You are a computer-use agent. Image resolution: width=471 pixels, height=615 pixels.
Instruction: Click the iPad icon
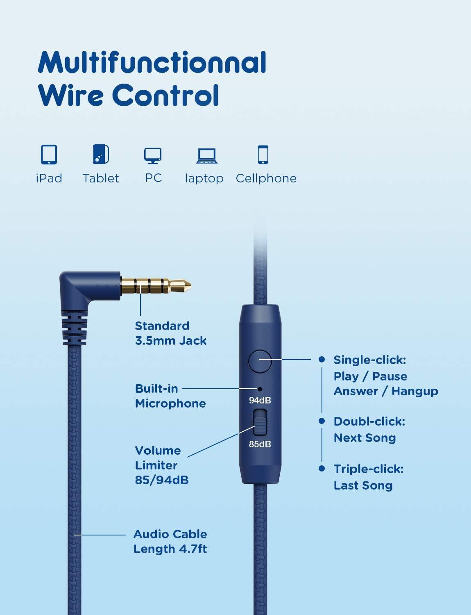click(x=49, y=155)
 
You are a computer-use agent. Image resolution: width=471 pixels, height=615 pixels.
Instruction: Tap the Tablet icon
click(x=101, y=155)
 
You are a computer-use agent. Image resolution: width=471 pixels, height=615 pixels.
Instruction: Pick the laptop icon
click(x=206, y=156)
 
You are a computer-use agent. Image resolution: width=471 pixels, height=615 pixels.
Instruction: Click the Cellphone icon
click(x=263, y=155)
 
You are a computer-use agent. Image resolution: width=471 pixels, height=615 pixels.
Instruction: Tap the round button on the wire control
click(x=260, y=361)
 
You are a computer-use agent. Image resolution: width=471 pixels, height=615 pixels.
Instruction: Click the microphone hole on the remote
click(x=260, y=389)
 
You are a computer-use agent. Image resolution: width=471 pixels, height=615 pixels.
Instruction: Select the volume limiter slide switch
click(x=260, y=422)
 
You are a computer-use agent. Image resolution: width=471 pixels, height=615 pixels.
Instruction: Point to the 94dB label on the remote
click(x=260, y=400)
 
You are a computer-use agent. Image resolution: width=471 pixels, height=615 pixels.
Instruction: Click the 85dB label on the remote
click(x=260, y=444)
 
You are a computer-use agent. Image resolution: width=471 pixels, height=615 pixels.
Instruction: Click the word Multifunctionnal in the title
click(x=152, y=63)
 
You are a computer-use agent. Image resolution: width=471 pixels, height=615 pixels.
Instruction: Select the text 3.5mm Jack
click(x=171, y=341)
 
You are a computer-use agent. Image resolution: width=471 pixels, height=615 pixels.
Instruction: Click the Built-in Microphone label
click(x=170, y=396)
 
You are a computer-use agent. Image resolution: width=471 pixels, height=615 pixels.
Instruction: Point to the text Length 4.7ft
click(x=170, y=549)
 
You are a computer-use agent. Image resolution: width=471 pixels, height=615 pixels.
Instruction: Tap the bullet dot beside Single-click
click(x=322, y=360)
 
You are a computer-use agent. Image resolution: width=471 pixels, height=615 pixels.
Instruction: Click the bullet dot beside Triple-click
click(x=322, y=468)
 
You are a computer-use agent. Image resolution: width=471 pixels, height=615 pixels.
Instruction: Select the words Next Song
click(x=365, y=438)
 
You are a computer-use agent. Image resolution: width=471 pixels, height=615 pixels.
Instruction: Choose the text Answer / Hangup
click(x=385, y=391)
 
